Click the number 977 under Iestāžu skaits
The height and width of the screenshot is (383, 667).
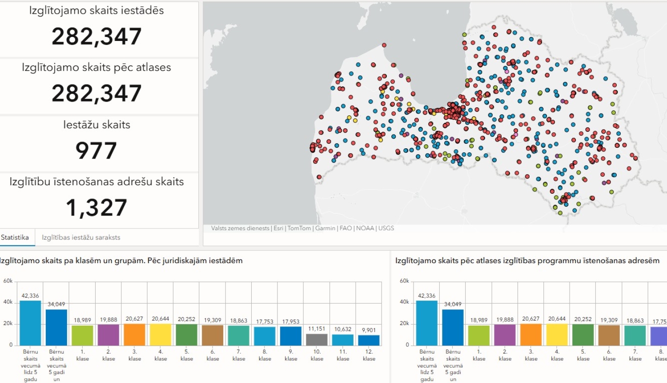coord(96,151)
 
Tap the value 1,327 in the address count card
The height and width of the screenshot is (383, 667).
coord(96,207)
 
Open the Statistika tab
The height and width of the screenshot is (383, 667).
coord(15,237)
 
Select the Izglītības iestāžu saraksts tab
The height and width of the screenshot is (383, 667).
coord(81,237)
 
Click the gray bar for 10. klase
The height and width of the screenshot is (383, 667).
coord(317,340)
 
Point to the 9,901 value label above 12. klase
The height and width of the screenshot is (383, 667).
coord(369,330)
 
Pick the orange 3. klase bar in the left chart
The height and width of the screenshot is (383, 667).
coord(135,334)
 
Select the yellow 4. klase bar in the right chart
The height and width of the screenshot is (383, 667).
coord(557,334)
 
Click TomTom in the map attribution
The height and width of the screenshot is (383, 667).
coord(299,228)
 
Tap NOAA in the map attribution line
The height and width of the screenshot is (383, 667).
coord(365,228)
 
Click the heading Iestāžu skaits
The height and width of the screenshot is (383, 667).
coord(96,125)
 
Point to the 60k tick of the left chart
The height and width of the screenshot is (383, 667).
coord(8,281)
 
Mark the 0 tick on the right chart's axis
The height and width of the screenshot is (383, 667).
coord(407,345)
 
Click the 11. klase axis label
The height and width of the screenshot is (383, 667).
coord(343,355)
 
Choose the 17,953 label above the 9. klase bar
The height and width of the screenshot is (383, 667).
coord(291,322)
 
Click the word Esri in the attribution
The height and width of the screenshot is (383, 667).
coord(278,228)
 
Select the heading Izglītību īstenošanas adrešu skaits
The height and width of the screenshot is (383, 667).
coord(96,182)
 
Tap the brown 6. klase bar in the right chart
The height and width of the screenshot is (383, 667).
coord(609,335)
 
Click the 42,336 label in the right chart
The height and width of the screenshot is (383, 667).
coord(426,296)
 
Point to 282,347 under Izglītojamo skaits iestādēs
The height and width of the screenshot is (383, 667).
coord(96,37)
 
